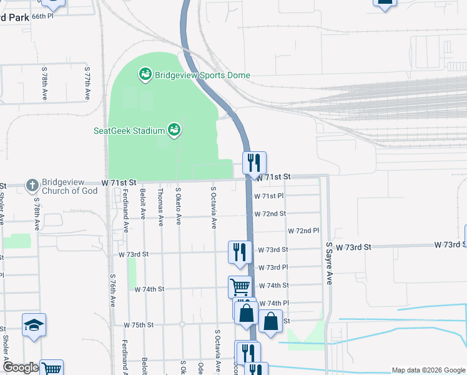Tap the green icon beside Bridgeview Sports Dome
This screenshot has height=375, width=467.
[145, 75]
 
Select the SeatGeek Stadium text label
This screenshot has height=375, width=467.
[129, 131]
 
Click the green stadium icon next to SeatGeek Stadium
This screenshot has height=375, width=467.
[175, 130]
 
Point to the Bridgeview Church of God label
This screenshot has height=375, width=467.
[70, 186]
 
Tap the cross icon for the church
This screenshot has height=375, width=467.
[32, 186]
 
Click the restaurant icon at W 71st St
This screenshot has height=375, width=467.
[255, 163]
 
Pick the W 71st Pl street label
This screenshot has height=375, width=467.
[268, 196]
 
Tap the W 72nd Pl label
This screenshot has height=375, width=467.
[303, 231]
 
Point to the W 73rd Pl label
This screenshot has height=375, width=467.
[272, 267]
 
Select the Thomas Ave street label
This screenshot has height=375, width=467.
[161, 207]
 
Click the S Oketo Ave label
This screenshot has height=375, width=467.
[179, 207]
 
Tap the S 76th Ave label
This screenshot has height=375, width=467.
[113, 291]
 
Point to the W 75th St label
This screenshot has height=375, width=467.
[139, 326]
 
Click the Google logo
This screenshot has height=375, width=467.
[21, 368]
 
